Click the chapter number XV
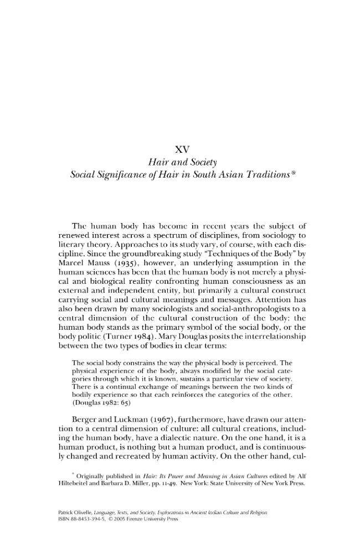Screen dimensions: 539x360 tap(182, 149)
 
